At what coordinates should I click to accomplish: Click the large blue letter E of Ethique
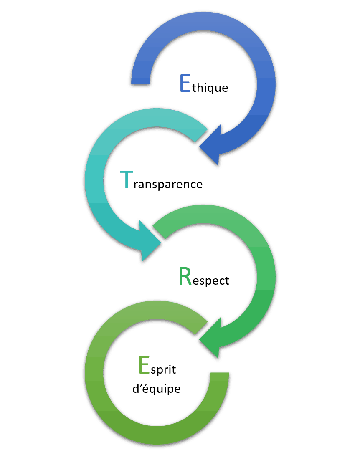tap(185, 83)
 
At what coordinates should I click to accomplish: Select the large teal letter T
tap(126, 179)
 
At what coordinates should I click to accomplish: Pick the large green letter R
tap(185, 276)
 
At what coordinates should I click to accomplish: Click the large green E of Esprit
tap(144, 365)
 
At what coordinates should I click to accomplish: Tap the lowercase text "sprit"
tap(163, 369)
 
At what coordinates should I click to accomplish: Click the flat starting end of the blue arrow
tap(140, 84)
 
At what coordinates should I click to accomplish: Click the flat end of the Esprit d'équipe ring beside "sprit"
tap(220, 373)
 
